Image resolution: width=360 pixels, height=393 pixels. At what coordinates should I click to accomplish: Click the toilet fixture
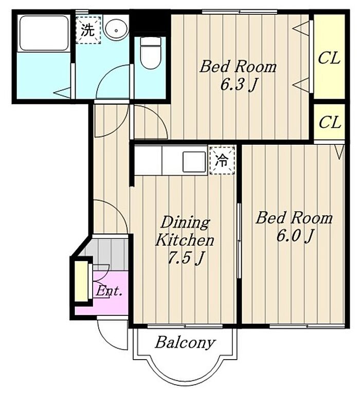tap(150, 53)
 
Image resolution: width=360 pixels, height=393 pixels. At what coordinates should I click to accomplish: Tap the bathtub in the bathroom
tap(44, 33)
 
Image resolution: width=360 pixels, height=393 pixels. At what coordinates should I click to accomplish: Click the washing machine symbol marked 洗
tap(88, 30)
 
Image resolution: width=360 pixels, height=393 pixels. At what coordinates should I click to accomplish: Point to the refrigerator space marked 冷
tap(222, 161)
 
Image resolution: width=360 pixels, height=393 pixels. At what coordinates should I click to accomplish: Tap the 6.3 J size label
tap(239, 85)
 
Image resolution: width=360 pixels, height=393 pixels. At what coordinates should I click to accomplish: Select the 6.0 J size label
tap(295, 235)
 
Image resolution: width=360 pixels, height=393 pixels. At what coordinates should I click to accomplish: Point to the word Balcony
tap(185, 342)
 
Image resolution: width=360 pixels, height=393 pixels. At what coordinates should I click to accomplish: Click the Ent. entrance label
tap(109, 291)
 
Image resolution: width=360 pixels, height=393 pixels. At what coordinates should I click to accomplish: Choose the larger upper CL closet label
tap(329, 58)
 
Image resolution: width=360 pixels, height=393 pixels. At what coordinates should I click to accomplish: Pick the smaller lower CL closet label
tap(330, 122)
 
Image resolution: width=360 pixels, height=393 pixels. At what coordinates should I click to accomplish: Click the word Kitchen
tap(185, 240)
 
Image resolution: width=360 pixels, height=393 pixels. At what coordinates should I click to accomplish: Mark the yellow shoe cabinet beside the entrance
tap(81, 281)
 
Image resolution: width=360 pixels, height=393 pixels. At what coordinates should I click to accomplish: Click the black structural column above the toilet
tap(150, 23)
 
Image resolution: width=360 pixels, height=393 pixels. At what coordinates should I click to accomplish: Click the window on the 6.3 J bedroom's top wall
tap(240, 12)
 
